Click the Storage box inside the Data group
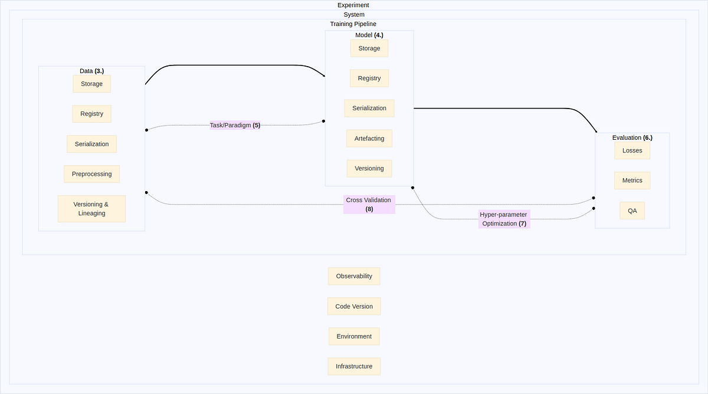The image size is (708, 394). tap(91, 84)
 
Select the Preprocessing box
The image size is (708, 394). tap(91, 174)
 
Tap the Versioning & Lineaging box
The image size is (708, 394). tap(91, 209)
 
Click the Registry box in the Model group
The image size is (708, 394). tap(369, 78)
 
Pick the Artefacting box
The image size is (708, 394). tap(369, 139)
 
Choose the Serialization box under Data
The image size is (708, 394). tap(91, 144)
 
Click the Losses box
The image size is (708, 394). tap(632, 150)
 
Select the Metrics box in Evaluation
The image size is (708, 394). tap(632, 180)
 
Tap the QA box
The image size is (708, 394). tap(632, 211)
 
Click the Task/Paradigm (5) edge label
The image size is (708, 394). tap(235, 125)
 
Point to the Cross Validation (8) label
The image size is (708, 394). tap(369, 204)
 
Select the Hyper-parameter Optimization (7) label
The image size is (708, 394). tap(504, 219)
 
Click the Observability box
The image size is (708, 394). tap(354, 276)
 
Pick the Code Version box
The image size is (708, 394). tap(354, 307)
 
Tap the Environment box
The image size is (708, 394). tap(354, 336)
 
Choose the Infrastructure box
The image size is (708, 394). tap(354, 366)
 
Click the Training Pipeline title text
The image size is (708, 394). tap(353, 24)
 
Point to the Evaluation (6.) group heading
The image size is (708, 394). tap(632, 137)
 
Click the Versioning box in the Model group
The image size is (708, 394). tap(369, 169)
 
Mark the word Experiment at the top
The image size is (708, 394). tap(353, 5)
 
